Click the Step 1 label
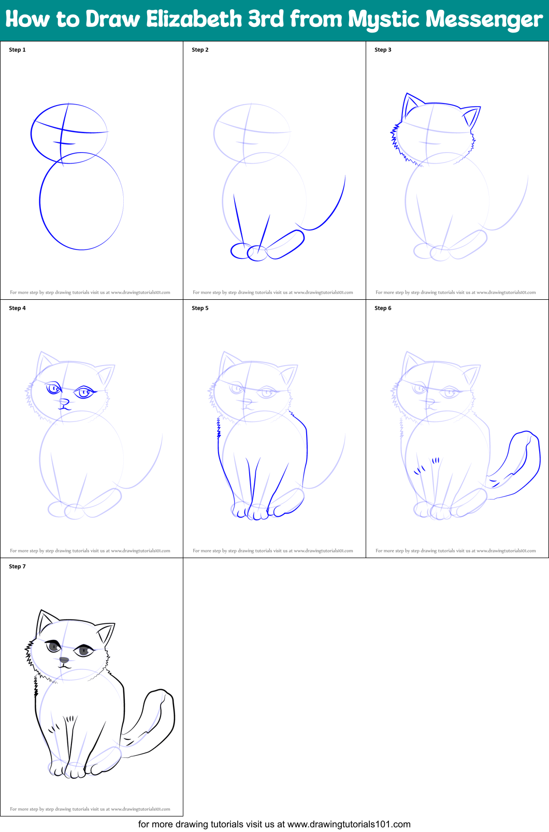click(17, 50)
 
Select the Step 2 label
click(200, 50)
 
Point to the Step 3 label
click(383, 50)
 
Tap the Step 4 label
click(17, 308)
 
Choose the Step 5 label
click(200, 308)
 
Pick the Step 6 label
click(383, 308)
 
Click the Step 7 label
click(17, 566)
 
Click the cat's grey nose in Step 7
click(64, 660)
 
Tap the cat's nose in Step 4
click(64, 401)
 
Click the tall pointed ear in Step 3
click(410, 106)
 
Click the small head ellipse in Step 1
click(69, 134)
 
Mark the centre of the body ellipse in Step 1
click(82, 201)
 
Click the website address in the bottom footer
click(349, 824)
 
